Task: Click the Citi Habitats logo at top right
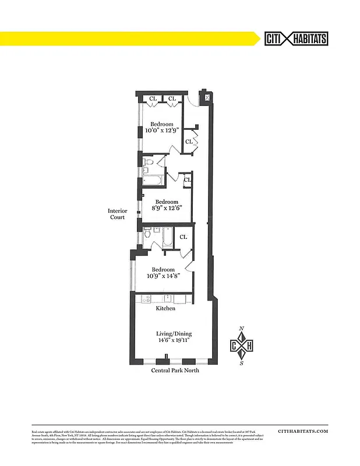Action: tap(297, 38)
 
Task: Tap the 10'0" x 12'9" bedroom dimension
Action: tap(162, 132)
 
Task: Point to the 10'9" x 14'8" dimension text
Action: tap(163, 277)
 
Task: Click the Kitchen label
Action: tap(165, 308)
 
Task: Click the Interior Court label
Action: tap(118, 214)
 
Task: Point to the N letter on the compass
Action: tap(242, 329)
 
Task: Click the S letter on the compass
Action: tap(242, 363)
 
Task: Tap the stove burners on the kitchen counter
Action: tap(145, 299)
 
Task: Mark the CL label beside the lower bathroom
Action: tap(183, 237)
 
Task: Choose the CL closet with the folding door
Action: tap(189, 142)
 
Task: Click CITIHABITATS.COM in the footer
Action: tap(303, 431)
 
